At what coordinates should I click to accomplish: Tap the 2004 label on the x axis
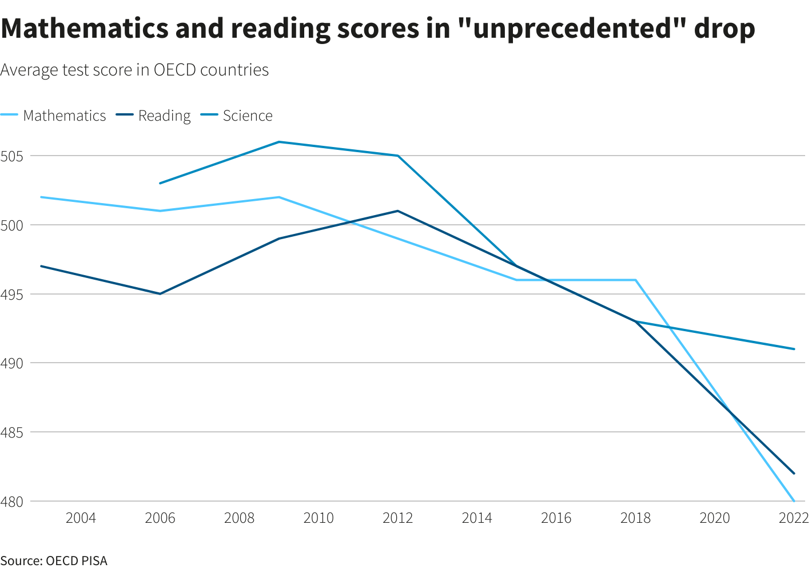81,518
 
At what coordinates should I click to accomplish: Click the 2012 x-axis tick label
397,518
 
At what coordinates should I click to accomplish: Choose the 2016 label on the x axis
556,518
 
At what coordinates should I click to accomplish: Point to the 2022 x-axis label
794,518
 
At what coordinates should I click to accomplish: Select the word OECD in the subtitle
173,70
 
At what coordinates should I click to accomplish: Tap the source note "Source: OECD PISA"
54,561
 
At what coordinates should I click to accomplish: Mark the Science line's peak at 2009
279,142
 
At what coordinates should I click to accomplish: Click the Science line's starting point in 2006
160,183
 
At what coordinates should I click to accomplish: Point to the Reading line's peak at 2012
397,211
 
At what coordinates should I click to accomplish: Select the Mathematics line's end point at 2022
794,501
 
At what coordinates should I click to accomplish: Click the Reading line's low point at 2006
160,294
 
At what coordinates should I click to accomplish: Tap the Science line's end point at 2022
794,349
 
